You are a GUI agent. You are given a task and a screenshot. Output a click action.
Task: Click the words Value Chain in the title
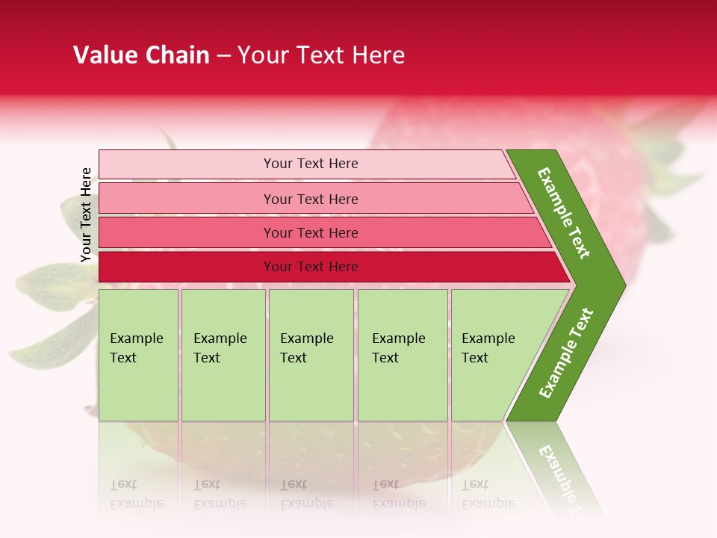(x=141, y=55)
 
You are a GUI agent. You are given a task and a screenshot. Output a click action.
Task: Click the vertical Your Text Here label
(x=86, y=214)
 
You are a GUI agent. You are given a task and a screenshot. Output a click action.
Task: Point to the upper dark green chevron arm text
(x=564, y=213)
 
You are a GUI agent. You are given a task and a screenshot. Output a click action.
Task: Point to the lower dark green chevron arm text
(x=566, y=353)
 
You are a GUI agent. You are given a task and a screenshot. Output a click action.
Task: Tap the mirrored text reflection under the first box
(x=136, y=494)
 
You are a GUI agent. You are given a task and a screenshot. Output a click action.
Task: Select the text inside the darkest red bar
(x=311, y=267)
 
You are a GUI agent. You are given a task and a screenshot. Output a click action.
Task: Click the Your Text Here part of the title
(x=321, y=55)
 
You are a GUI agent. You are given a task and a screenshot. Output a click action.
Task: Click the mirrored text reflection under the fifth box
(x=488, y=494)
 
